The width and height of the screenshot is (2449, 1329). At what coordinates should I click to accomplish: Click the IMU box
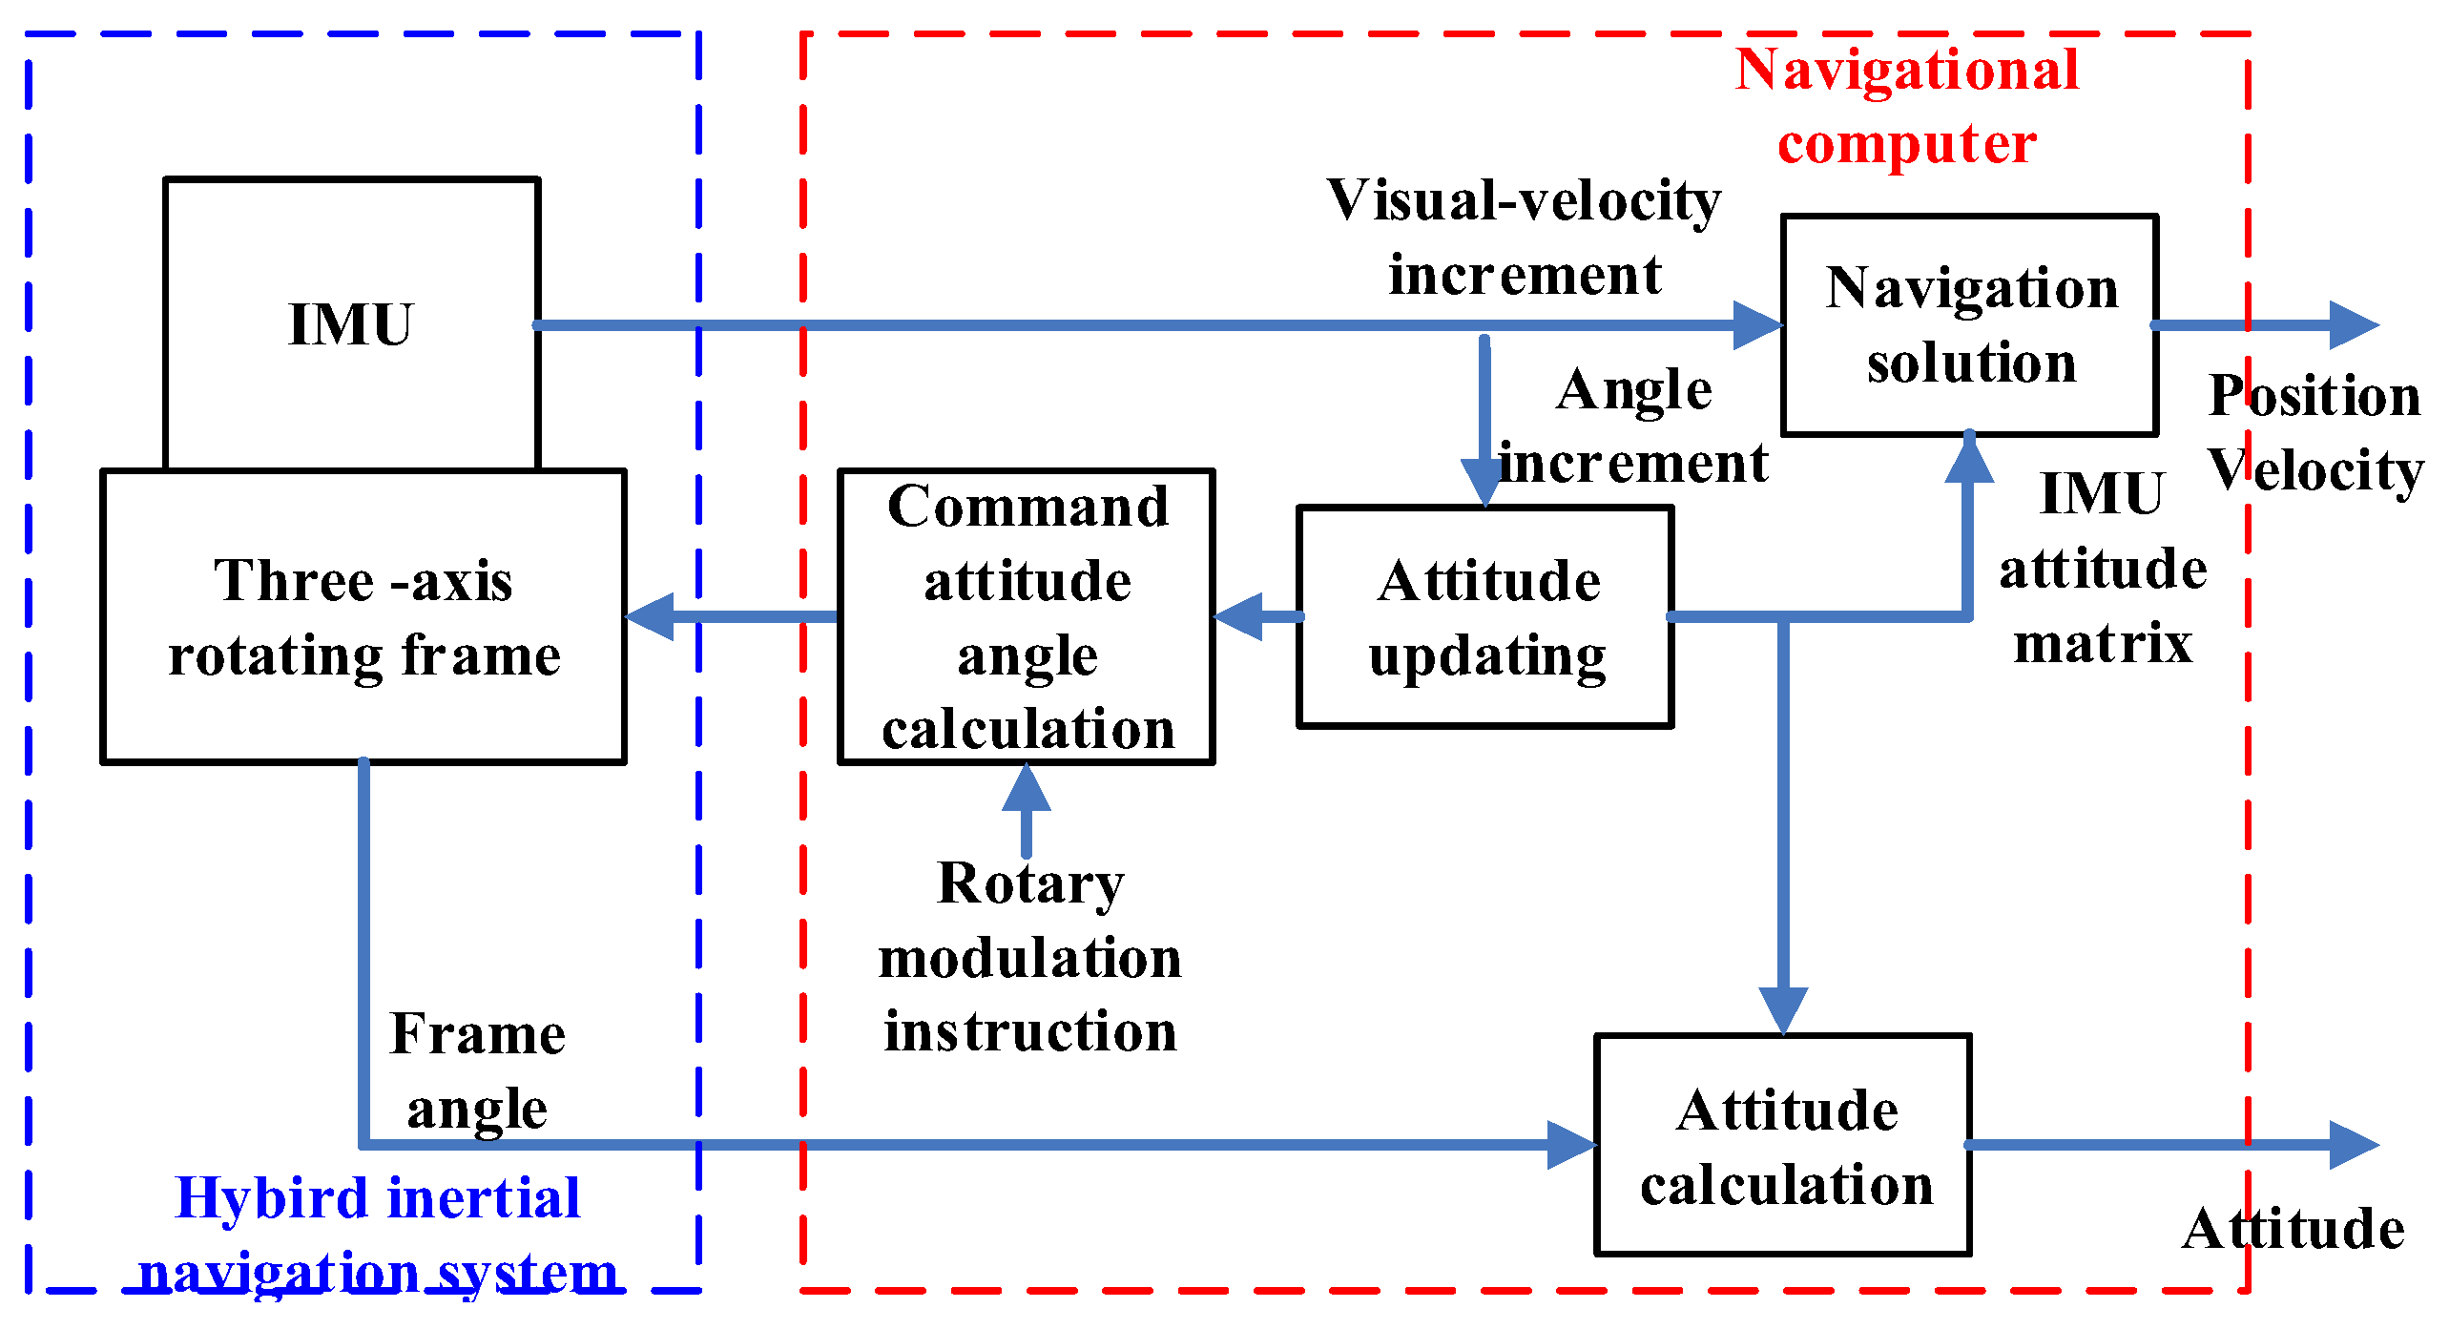click(351, 324)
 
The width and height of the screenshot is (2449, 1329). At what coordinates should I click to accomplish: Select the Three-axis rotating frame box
click(363, 616)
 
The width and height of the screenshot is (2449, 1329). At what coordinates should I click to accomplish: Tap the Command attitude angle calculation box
click(1027, 616)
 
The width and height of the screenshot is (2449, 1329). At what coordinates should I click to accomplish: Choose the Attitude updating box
click(1485, 616)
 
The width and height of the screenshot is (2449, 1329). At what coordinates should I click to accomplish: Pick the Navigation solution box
click(1970, 324)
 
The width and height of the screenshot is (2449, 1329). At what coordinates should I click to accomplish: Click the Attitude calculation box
click(1783, 1145)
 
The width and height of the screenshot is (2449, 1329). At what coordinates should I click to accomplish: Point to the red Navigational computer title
click(1906, 107)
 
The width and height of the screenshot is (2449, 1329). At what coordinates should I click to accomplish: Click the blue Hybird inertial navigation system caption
click(378, 1235)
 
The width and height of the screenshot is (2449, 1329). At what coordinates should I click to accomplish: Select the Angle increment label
click(1633, 426)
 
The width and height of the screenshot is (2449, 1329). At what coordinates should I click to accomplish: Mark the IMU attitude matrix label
click(2103, 569)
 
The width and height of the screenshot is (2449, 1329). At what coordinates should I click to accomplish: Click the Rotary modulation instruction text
click(1030, 957)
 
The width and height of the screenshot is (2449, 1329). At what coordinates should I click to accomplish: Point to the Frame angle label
click(477, 1071)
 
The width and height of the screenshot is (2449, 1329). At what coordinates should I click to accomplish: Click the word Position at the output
click(2314, 396)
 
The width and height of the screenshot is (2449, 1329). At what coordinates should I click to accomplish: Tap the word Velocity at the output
click(2315, 470)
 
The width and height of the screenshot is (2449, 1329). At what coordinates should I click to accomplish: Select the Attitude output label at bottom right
click(2293, 1229)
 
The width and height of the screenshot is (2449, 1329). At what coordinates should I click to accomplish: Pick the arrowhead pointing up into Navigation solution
click(1969, 458)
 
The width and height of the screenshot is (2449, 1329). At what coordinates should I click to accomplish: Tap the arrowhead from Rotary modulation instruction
click(1027, 786)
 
